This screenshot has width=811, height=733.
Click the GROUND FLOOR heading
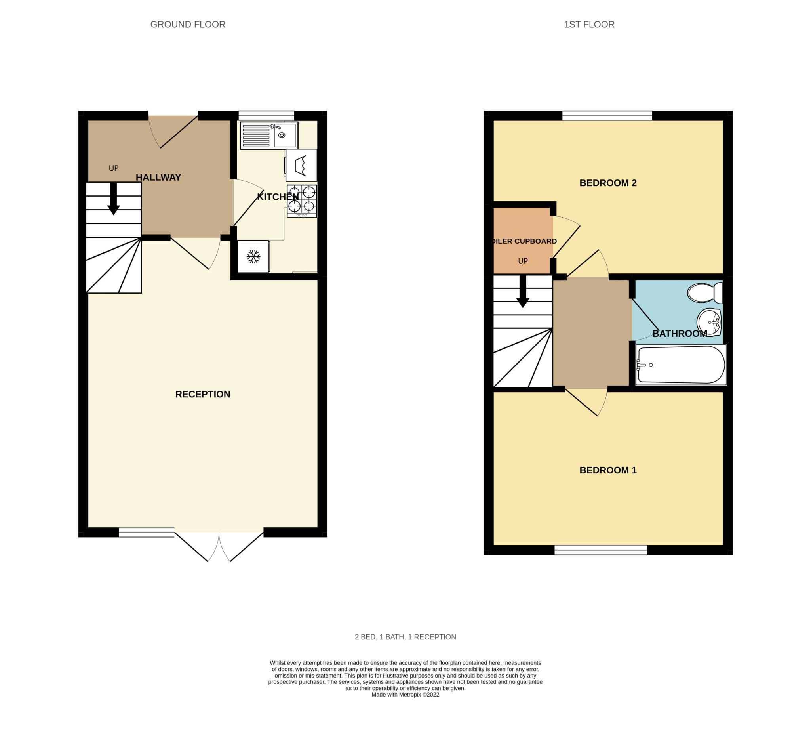coord(187,25)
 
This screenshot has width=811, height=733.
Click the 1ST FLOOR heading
coord(589,25)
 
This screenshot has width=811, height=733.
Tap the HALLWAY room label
coord(158,178)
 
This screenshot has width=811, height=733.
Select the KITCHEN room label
coord(278,197)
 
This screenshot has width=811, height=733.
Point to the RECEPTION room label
coord(203,395)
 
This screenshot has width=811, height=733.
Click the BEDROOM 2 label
coord(608,183)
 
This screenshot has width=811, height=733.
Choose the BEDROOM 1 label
coord(608,470)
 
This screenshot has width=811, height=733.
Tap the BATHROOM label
coord(680,334)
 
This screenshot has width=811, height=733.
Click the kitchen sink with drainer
coord(269,135)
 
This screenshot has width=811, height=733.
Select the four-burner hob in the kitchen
coord(302,200)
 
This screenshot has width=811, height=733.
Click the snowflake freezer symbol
coord(253,256)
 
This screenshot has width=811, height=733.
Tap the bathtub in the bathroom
coord(681,365)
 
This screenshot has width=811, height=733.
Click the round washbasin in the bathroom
coord(709,322)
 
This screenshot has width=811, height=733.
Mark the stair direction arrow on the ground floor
coord(113,199)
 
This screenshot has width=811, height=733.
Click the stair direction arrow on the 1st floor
coord(523,292)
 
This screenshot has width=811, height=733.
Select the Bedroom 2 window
coord(607,116)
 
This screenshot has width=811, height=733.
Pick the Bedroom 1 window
coord(601,550)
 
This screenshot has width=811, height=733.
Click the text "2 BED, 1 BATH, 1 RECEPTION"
coord(405,637)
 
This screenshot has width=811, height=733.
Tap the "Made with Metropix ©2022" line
coord(405,695)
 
